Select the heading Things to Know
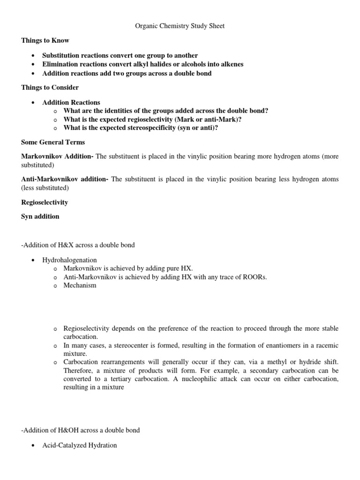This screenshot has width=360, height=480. [45, 41]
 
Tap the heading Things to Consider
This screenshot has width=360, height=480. [50, 88]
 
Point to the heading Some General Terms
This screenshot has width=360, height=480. [53, 142]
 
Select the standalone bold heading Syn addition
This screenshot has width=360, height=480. [40, 217]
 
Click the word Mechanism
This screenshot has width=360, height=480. [80, 285]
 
